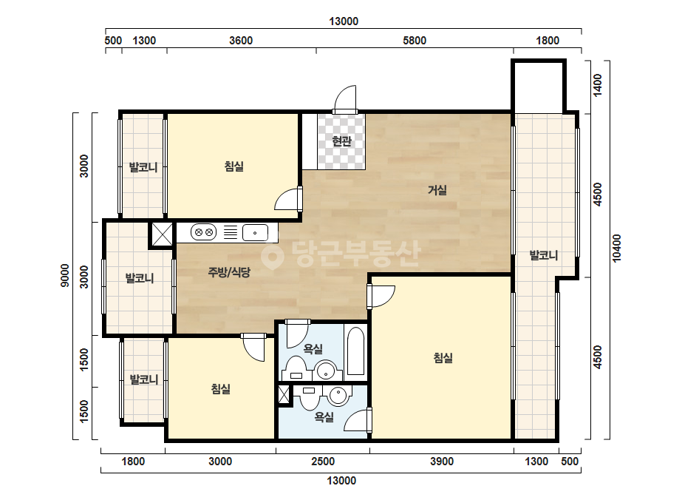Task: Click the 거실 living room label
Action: tap(437, 190)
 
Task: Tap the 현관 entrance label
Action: tap(341, 141)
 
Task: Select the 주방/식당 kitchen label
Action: tap(229, 273)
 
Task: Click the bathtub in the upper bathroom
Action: tap(356, 351)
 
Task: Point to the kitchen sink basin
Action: tap(255, 232)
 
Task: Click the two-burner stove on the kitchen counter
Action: tap(203, 232)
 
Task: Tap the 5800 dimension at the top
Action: tap(415, 41)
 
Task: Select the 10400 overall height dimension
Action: tap(617, 249)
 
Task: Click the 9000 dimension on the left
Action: tap(65, 275)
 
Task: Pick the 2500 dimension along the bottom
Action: tap(323, 462)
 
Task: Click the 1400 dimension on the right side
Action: tap(598, 85)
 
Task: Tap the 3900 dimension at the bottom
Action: tap(442, 462)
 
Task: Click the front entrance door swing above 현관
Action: tap(346, 99)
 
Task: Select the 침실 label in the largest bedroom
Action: tap(443, 358)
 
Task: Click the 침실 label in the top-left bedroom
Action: tap(234, 166)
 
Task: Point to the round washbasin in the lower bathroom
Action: tap(338, 396)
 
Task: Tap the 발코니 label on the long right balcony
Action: tap(544, 255)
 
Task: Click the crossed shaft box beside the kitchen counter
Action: tap(161, 234)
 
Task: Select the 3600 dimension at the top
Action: tap(241, 41)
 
